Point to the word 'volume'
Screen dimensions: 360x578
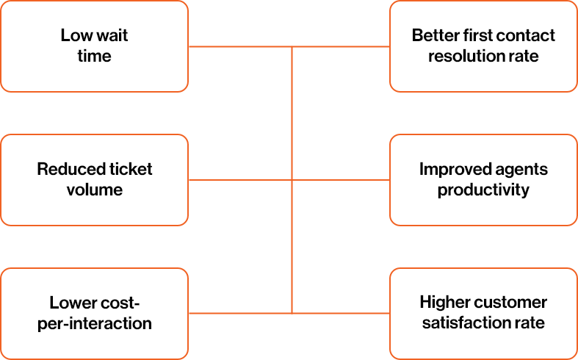(x=94, y=190)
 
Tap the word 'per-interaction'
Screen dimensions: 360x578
(x=94, y=323)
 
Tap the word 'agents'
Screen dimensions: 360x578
(x=521, y=170)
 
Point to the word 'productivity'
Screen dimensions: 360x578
(x=483, y=190)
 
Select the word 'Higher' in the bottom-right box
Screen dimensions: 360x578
(x=444, y=303)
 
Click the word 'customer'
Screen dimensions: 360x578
(x=510, y=303)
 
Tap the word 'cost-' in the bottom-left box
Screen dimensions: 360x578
(x=121, y=303)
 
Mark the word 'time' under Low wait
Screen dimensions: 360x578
(x=94, y=56)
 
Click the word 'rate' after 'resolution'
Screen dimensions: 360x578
(x=523, y=56)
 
